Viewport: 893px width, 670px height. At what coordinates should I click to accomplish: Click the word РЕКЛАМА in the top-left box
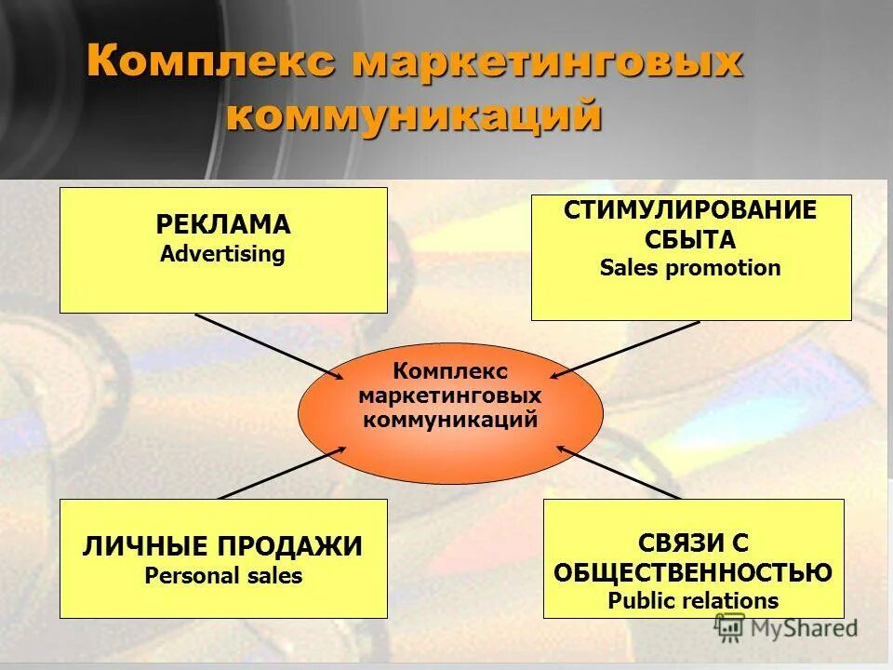(223, 225)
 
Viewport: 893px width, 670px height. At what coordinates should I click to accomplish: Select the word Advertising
(223, 254)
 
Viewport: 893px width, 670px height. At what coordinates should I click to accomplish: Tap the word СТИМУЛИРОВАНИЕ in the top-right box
(690, 210)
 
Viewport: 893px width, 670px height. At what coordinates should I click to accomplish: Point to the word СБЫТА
(690, 239)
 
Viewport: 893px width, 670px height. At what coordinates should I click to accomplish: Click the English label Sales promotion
(690, 269)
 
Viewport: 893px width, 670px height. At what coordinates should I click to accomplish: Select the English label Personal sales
(223, 576)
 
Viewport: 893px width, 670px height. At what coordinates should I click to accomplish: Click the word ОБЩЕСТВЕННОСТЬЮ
(693, 571)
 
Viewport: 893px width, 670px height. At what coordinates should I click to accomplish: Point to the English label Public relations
(693, 600)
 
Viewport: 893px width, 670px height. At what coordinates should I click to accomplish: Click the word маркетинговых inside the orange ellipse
(450, 395)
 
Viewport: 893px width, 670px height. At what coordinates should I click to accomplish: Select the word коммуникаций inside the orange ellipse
(450, 419)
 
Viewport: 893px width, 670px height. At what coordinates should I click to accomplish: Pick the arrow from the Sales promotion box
(625, 349)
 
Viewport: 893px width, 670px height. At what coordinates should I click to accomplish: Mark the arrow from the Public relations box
(619, 473)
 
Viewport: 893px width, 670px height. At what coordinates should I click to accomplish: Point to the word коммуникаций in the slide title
(414, 116)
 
